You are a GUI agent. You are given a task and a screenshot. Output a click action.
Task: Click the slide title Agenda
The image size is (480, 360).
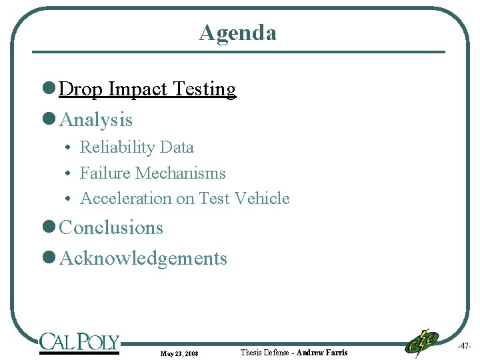tap(237, 32)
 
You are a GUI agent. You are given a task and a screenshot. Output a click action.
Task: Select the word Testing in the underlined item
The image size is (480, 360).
tap(206, 89)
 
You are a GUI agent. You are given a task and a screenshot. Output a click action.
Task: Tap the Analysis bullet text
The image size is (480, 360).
tap(96, 120)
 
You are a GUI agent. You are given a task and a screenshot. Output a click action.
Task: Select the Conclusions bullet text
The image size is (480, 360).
tap(111, 228)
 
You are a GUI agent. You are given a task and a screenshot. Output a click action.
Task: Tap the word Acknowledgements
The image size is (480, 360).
tap(143, 259)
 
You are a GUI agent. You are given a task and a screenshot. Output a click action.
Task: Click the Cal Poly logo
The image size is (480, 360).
tap(79, 343)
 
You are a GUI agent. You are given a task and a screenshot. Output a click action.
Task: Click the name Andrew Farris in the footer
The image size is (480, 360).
tap(322, 352)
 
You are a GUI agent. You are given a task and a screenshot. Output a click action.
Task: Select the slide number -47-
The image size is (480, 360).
tap(464, 346)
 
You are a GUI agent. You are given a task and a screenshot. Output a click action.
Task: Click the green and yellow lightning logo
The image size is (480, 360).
tap(421, 342)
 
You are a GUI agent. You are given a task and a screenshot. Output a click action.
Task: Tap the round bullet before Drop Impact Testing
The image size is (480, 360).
tap(48, 89)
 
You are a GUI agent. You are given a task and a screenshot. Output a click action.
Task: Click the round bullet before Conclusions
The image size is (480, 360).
tap(48, 228)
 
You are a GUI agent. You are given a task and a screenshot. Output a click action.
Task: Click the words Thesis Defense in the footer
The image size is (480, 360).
tap(265, 352)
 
